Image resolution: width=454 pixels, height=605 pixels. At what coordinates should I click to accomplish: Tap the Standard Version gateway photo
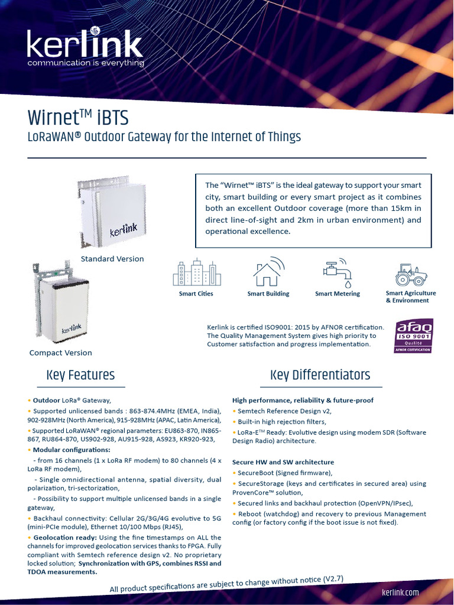[112, 213]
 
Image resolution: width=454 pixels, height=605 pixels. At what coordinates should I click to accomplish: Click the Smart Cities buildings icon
[196, 273]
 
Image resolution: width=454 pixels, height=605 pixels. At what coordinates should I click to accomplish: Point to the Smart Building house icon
[268, 272]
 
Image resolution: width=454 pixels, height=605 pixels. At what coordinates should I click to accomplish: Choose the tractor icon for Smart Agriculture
[411, 275]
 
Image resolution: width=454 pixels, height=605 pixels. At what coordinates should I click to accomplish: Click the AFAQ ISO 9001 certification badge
[414, 336]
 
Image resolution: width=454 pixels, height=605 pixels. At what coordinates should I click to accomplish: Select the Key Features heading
[80, 375]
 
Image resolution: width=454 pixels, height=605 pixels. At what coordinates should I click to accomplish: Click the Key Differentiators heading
[320, 375]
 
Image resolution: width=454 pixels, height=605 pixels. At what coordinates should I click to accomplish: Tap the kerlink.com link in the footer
[401, 592]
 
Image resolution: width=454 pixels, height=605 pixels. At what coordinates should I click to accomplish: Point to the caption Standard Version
[112, 259]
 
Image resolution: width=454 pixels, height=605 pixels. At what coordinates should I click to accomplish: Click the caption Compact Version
[61, 353]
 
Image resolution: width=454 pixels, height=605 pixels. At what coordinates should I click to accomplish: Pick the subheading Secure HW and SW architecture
[283, 462]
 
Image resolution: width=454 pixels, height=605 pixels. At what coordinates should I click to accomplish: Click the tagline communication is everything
[86, 63]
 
